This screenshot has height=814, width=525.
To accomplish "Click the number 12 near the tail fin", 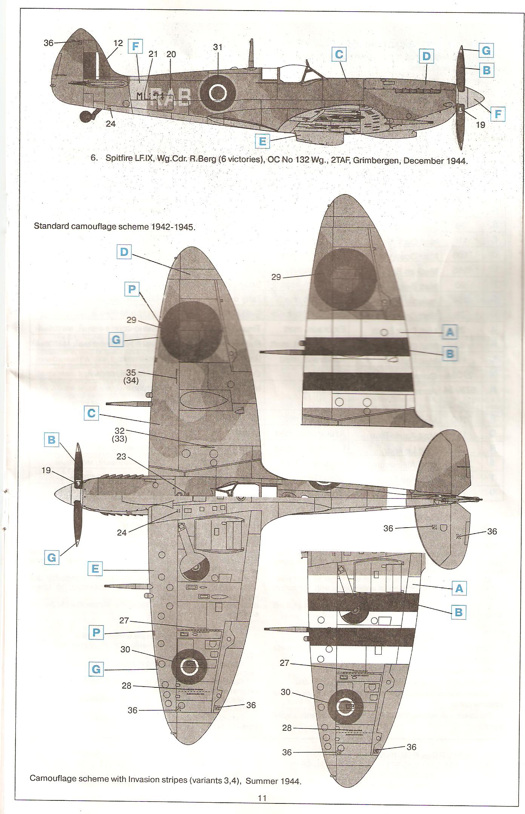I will click(x=118, y=43).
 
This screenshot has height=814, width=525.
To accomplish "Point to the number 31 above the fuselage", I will click(x=218, y=47).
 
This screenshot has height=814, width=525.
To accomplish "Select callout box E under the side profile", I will click(x=262, y=142).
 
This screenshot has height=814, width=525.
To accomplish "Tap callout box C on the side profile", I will click(x=339, y=55).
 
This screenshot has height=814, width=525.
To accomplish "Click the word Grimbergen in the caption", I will click(x=376, y=160).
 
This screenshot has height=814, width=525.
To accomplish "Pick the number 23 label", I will click(x=121, y=457).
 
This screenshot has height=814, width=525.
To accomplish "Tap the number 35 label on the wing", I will click(x=131, y=373).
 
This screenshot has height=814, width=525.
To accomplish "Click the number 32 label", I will click(x=120, y=431).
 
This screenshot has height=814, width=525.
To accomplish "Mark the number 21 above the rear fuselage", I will click(x=153, y=54).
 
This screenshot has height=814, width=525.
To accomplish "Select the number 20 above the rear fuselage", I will click(x=171, y=54).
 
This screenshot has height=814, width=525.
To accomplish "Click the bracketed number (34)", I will click(x=131, y=381).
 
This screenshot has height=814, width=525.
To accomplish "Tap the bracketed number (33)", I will click(x=119, y=439).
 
